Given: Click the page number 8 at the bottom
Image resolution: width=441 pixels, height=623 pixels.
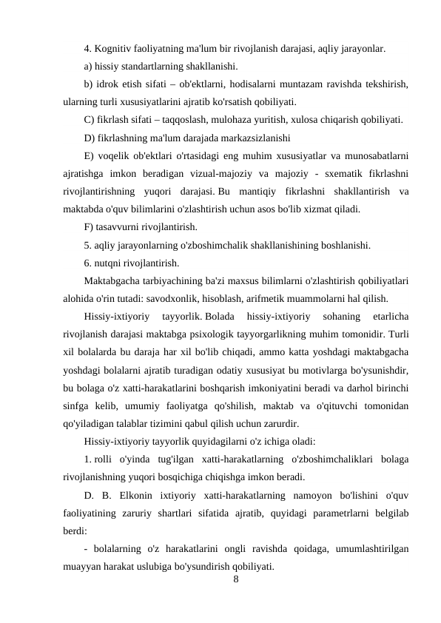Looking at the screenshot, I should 235,579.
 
